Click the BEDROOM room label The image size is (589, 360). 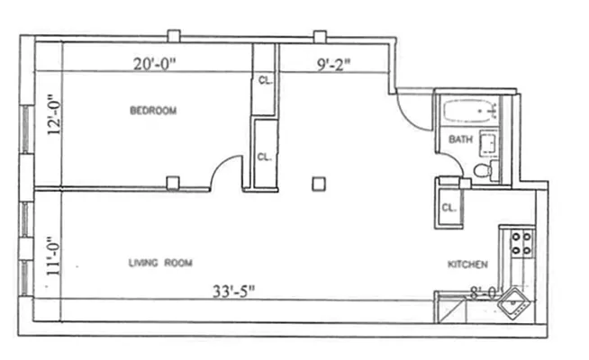152,111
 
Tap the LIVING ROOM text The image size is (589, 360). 162,263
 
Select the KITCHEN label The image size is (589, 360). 467,265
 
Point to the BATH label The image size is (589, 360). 460,140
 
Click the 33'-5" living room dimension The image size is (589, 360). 234,291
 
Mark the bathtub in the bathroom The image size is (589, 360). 470,113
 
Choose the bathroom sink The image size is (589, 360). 490,142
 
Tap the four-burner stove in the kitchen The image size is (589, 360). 521,243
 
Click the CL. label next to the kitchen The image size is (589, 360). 449,207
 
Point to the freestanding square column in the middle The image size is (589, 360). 317,184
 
